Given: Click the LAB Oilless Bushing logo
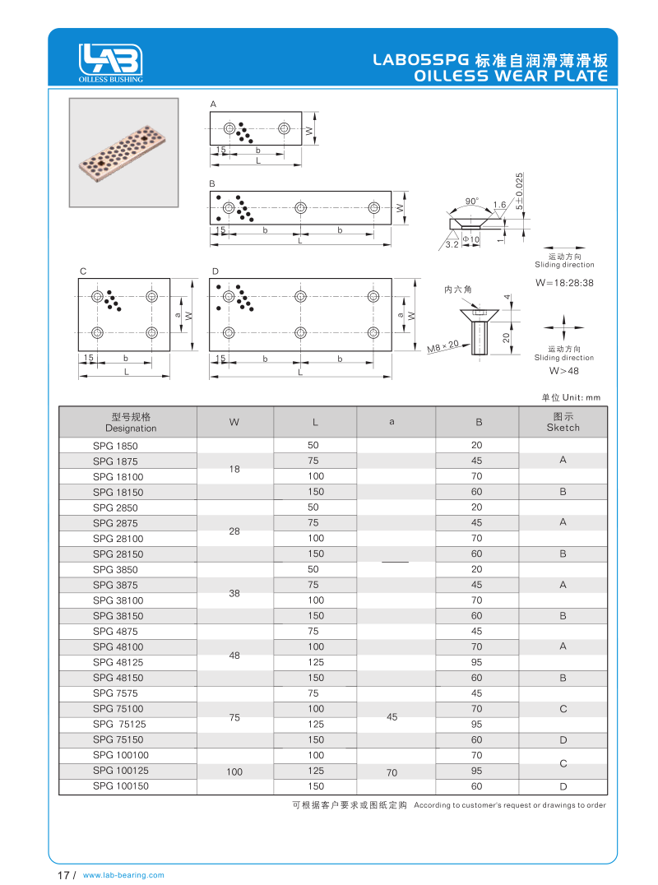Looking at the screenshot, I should [x=111, y=62].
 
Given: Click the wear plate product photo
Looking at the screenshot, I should [x=123, y=153].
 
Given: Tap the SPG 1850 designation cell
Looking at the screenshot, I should [x=115, y=445].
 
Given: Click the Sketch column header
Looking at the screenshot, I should [x=563, y=422].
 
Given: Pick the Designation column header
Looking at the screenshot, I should [x=131, y=422].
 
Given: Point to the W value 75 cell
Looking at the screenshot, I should [x=234, y=717].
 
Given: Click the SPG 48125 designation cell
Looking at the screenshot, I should [x=118, y=662].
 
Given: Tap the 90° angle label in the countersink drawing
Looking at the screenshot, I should [x=471, y=202].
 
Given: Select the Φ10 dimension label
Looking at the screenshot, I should [x=470, y=239].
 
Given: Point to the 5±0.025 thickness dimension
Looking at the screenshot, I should [x=519, y=190].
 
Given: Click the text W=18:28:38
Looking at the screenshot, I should [x=564, y=282].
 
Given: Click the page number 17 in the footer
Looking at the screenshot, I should [x=63, y=875].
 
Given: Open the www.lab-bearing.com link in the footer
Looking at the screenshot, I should [x=124, y=875].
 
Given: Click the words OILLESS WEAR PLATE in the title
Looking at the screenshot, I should [x=511, y=76].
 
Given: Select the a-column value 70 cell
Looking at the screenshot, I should [x=392, y=771].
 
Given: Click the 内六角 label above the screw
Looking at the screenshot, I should [x=457, y=290].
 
